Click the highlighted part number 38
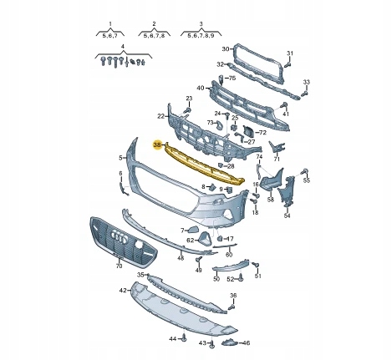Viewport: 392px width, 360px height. pos(157,145)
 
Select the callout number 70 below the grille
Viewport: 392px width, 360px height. pos(119,266)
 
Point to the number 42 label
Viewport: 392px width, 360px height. pos(123,291)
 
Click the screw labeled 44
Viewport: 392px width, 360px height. pos(184,338)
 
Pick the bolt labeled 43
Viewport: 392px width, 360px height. pos(212,344)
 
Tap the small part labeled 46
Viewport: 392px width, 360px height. pos(228,342)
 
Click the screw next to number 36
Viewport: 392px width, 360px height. pos(232,307)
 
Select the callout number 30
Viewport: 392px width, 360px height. pos(226,49)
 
